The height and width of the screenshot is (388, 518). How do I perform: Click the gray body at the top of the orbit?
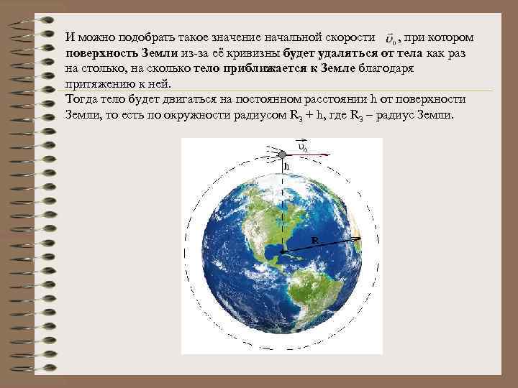tap(283, 152)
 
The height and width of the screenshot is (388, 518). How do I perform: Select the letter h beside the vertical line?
tap(287, 167)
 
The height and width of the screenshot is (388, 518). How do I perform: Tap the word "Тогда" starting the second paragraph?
tap(81, 99)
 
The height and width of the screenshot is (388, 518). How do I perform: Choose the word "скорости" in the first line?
tap(352, 37)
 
